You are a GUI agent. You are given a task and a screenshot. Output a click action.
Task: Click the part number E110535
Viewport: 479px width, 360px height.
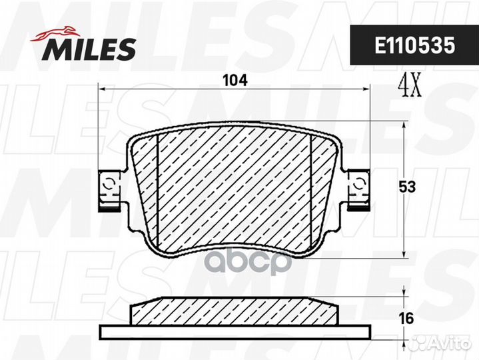pyautogui.click(x=415, y=45)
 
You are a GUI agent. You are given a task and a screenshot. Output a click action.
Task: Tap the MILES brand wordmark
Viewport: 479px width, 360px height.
pyautogui.click(x=89, y=49)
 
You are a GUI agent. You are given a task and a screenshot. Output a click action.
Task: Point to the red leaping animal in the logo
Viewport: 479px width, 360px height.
pyautogui.click(x=55, y=33)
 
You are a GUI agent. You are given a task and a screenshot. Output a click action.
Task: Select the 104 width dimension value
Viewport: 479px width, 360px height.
pyautogui.click(x=235, y=81)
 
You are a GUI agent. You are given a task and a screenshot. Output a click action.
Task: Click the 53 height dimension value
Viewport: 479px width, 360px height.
pyautogui.click(x=407, y=187)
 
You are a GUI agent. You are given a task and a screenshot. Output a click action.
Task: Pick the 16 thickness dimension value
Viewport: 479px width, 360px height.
pyautogui.click(x=406, y=319)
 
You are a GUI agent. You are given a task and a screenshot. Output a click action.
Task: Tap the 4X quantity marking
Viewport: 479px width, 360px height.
pyautogui.click(x=409, y=85)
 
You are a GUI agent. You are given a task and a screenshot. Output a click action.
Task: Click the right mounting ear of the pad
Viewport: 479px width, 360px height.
pyautogui.click(x=359, y=189)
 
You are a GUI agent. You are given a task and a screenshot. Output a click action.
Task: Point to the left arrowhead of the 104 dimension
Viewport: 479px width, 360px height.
pyautogui.click(x=102, y=89)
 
